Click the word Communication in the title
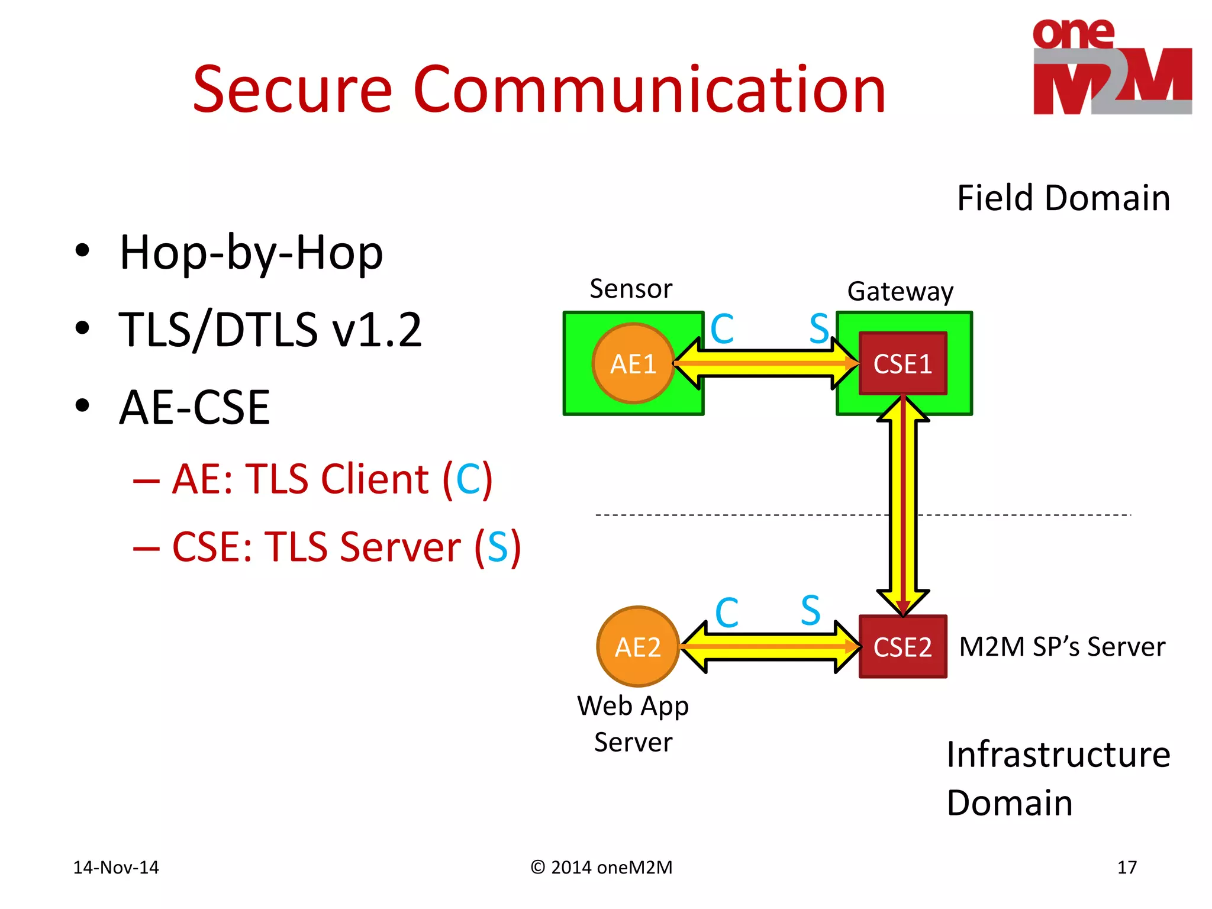649,90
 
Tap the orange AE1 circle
633,363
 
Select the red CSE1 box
902,363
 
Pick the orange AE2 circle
637,646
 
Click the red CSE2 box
902,646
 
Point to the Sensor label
631,289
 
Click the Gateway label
900,291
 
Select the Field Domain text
1063,198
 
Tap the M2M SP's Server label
1062,646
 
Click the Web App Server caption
633,723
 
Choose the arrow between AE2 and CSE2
769,646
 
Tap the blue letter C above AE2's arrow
726,612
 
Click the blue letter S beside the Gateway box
819,328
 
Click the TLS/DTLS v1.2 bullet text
270,330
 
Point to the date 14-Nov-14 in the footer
116,867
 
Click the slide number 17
1127,867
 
